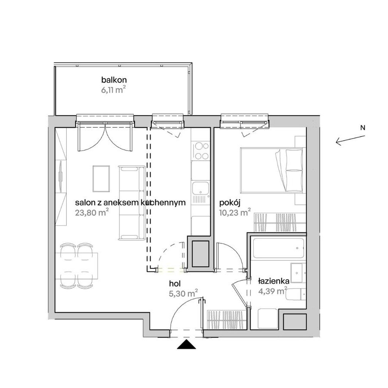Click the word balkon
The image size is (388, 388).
tap(114, 80)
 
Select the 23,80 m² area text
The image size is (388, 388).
tap(92, 212)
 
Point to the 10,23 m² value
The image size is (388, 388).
tap(235, 212)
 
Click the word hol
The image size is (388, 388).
tap(175, 283)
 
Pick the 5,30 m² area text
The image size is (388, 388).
tap(183, 293)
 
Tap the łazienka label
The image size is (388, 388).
tap(274, 281)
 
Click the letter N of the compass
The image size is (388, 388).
tap(363, 128)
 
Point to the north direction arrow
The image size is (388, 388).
tap(350, 140)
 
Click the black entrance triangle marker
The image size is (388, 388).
tap(186, 345)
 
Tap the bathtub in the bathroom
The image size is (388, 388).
tap(278, 248)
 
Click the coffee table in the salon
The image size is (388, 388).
tap(101, 179)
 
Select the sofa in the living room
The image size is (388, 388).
tap(132, 203)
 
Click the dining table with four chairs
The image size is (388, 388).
tap(77, 266)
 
